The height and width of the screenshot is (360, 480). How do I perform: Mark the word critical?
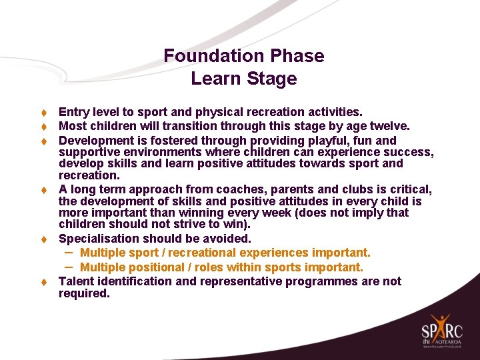pyautogui.click(x=407, y=189)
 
